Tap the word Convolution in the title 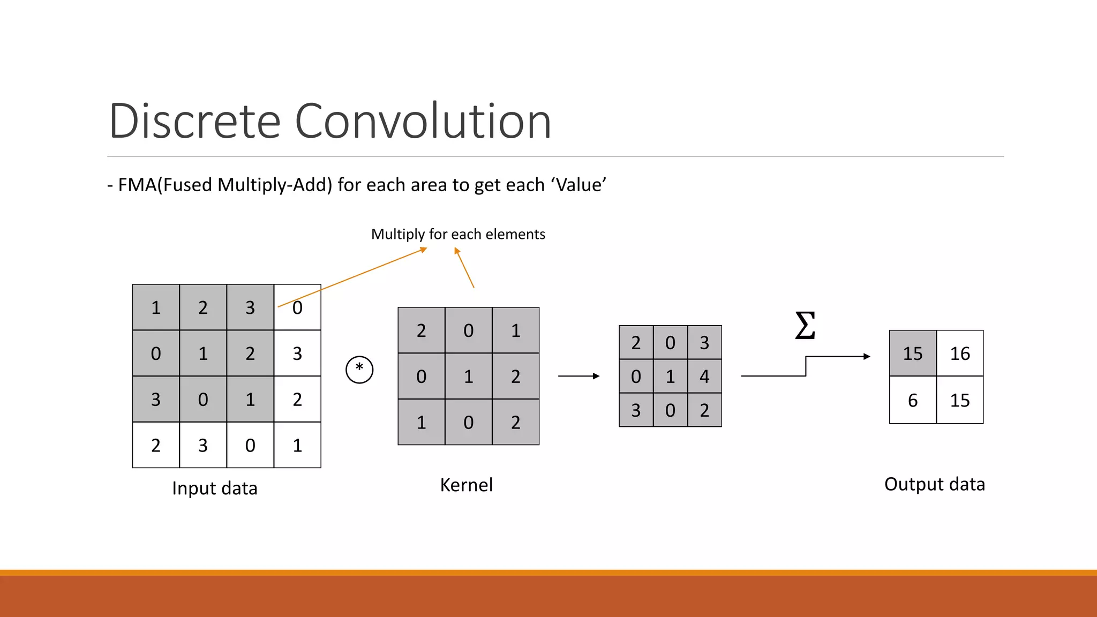pyautogui.click(x=423, y=121)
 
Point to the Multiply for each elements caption pyautogui.click(x=458, y=234)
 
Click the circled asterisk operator pyautogui.click(x=359, y=370)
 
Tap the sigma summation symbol pyautogui.click(x=805, y=326)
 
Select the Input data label pyautogui.click(x=215, y=488)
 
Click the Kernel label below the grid pyautogui.click(x=466, y=485)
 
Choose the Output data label pyautogui.click(x=934, y=484)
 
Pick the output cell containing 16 pyautogui.click(x=960, y=353)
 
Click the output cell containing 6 pyautogui.click(x=913, y=400)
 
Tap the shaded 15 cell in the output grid pyautogui.click(x=913, y=353)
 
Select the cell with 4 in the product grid pyautogui.click(x=704, y=377)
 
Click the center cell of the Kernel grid pyautogui.click(x=469, y=377)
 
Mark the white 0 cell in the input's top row pyautogui.click(x=297, y=307)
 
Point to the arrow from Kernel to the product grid pyautogui.click(x=578, y=376)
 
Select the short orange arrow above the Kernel pyautogui.click(x=464, y=267)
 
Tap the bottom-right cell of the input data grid pyautogui.click(x=297, y=445)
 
